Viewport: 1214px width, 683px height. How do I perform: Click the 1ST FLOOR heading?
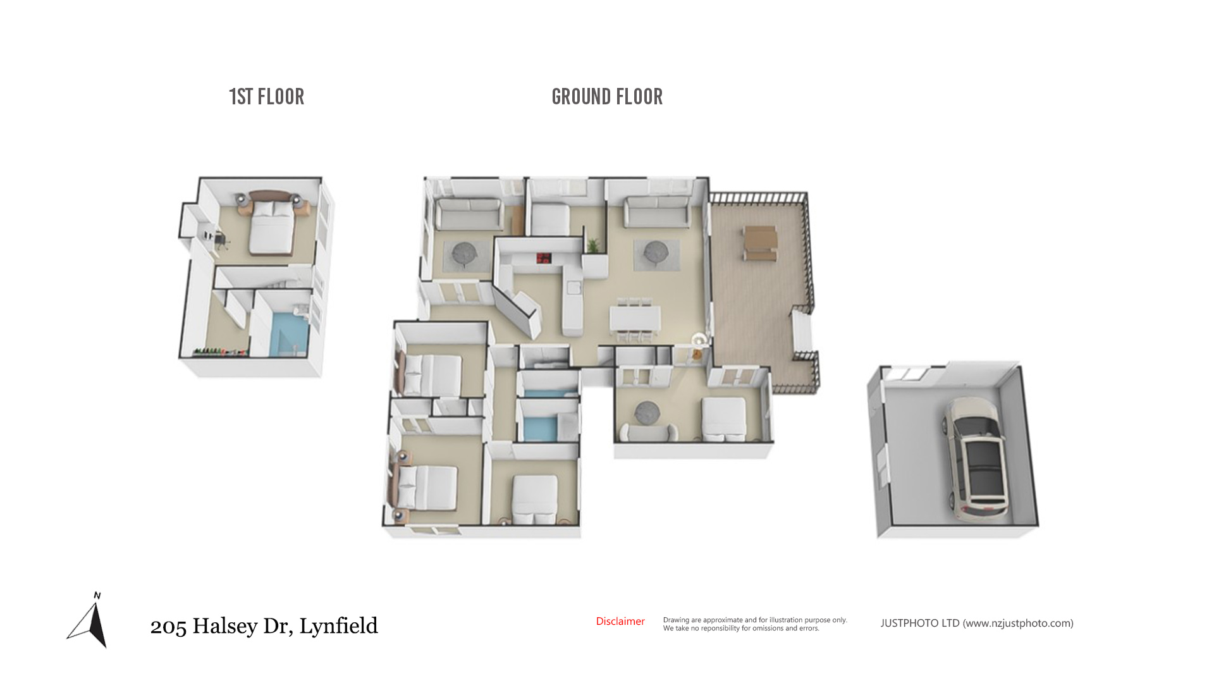click(266, 97)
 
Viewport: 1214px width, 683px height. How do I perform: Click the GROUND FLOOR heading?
click(607, 97)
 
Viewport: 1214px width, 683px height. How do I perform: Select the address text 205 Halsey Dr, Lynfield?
click(264, 626)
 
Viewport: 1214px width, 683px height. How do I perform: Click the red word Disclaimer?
click(620, 621)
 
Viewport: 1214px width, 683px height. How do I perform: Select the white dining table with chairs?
click(635, 320)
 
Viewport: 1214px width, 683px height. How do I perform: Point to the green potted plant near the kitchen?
click(593, 246)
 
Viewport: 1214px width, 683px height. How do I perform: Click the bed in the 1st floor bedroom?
click(272, 226)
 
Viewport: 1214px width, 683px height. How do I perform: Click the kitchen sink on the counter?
click(573, 288)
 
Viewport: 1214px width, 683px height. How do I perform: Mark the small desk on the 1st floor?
click(217, 238)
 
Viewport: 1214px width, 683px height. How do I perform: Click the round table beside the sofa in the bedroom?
click(647, 412)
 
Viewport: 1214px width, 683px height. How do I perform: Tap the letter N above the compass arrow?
click(97, 596)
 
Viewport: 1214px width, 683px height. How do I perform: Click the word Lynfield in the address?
click(338, 626)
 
